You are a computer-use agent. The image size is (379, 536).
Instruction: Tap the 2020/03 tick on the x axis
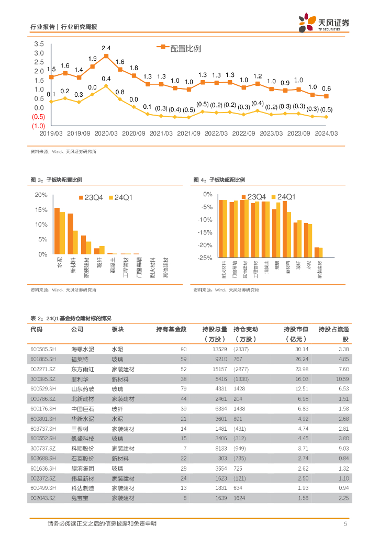tap(106, 133)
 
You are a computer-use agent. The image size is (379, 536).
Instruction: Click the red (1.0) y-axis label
tap(38, 126)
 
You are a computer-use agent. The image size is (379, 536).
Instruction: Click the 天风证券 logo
tap(325, 23)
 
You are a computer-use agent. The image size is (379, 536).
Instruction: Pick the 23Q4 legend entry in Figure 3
tap(92, 197)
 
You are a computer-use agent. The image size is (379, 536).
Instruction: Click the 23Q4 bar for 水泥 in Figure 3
tap(57, 231)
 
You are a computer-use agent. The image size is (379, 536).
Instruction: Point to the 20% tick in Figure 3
tap(41, 195)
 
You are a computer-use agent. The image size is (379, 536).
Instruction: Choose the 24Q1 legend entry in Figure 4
tap(283, 197)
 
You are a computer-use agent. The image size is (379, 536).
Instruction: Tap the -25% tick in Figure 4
tap(205, 258)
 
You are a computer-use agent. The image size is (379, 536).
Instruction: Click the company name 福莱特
tap(79, 359)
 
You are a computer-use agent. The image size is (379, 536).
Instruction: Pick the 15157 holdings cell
tap(219, 369)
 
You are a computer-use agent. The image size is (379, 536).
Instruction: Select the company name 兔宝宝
tap(79, 498)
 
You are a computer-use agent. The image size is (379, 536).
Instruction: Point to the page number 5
tap(345, 524)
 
